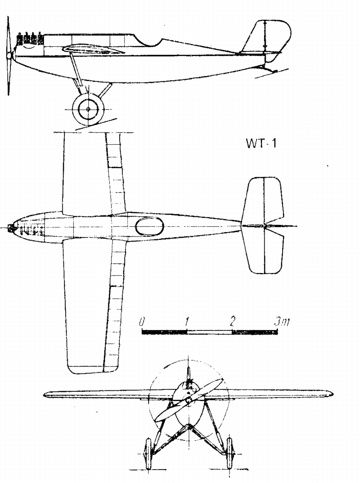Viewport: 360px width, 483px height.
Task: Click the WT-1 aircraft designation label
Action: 261,144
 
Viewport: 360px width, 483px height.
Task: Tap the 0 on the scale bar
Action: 141,322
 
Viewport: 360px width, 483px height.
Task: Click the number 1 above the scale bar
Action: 187,322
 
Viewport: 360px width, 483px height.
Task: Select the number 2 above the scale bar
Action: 232,322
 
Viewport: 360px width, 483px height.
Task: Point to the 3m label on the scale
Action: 282,322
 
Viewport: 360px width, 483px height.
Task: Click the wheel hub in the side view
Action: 88,109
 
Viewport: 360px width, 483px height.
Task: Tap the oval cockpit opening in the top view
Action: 149,226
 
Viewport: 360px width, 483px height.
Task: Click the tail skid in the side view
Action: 267,69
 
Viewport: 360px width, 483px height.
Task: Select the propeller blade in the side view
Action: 9,55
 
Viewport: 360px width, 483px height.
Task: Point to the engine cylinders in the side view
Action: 30,39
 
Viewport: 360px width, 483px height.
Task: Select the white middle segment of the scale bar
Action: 210,332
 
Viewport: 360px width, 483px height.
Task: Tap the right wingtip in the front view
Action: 327,394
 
